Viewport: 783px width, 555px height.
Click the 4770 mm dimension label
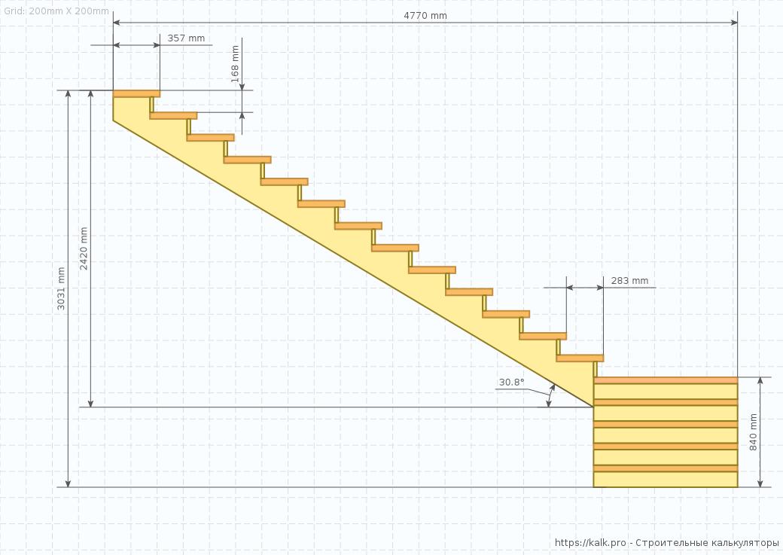tap(425, 16)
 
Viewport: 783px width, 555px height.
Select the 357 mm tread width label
tap(186, 38)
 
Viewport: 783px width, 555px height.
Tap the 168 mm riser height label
tap(235, 64)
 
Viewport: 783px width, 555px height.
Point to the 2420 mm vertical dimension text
tap(84, 249)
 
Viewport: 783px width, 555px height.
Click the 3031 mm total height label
tap(62, 289)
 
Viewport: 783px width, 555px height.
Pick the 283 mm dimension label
tap(629, 281)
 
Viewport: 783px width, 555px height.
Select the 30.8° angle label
tap(511, 382)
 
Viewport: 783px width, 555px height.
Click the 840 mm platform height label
tap(754, 432)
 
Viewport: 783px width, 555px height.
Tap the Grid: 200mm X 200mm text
tap(55, 12)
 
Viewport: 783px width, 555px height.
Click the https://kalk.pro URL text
tap(590, 543)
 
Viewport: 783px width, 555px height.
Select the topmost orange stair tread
tap(136, 94)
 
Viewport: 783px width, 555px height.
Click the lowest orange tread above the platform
tap(580, 358)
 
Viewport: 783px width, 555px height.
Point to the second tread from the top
tap(173, 116)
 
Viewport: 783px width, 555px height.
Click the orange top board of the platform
tap(666, 380)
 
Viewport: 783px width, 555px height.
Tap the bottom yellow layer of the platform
tap(666, 480)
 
